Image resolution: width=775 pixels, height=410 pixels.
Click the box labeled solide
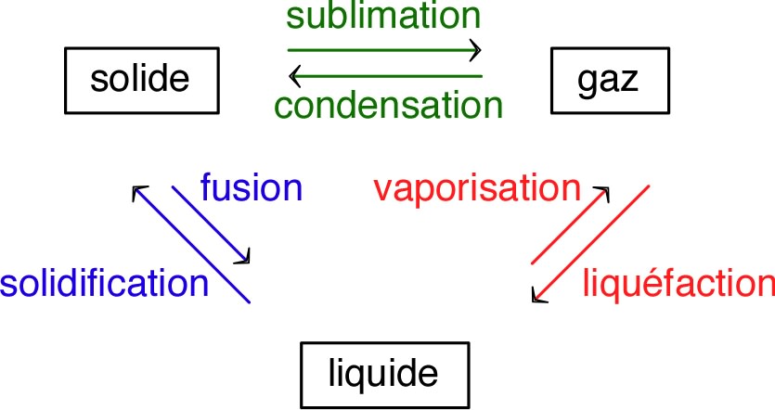[x=140, y=79]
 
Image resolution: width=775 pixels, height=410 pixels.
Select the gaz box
[x=609, y=79]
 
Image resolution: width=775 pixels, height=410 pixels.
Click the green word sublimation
[x=383, y=16]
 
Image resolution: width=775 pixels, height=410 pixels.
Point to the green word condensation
[x=387, y=106]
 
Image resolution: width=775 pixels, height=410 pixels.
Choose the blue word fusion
[x=252, y=188]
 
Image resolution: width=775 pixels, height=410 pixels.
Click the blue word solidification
[x=104, y=283]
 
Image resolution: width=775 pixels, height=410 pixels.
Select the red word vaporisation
[x=476, y=189]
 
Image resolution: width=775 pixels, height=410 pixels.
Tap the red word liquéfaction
[x=678, y=283]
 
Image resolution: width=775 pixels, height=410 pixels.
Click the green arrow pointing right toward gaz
[x=383, y=48]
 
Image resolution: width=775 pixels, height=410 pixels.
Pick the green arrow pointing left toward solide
[x=383, y=75]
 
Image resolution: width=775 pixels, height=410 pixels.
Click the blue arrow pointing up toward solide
[x=191, y=244]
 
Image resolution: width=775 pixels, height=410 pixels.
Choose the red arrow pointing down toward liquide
[x=590, y=243]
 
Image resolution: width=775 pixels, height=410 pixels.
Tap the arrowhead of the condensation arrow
[x=293, y=75]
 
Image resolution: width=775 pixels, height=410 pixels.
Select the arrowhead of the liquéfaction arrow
[x=536, y=296]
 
